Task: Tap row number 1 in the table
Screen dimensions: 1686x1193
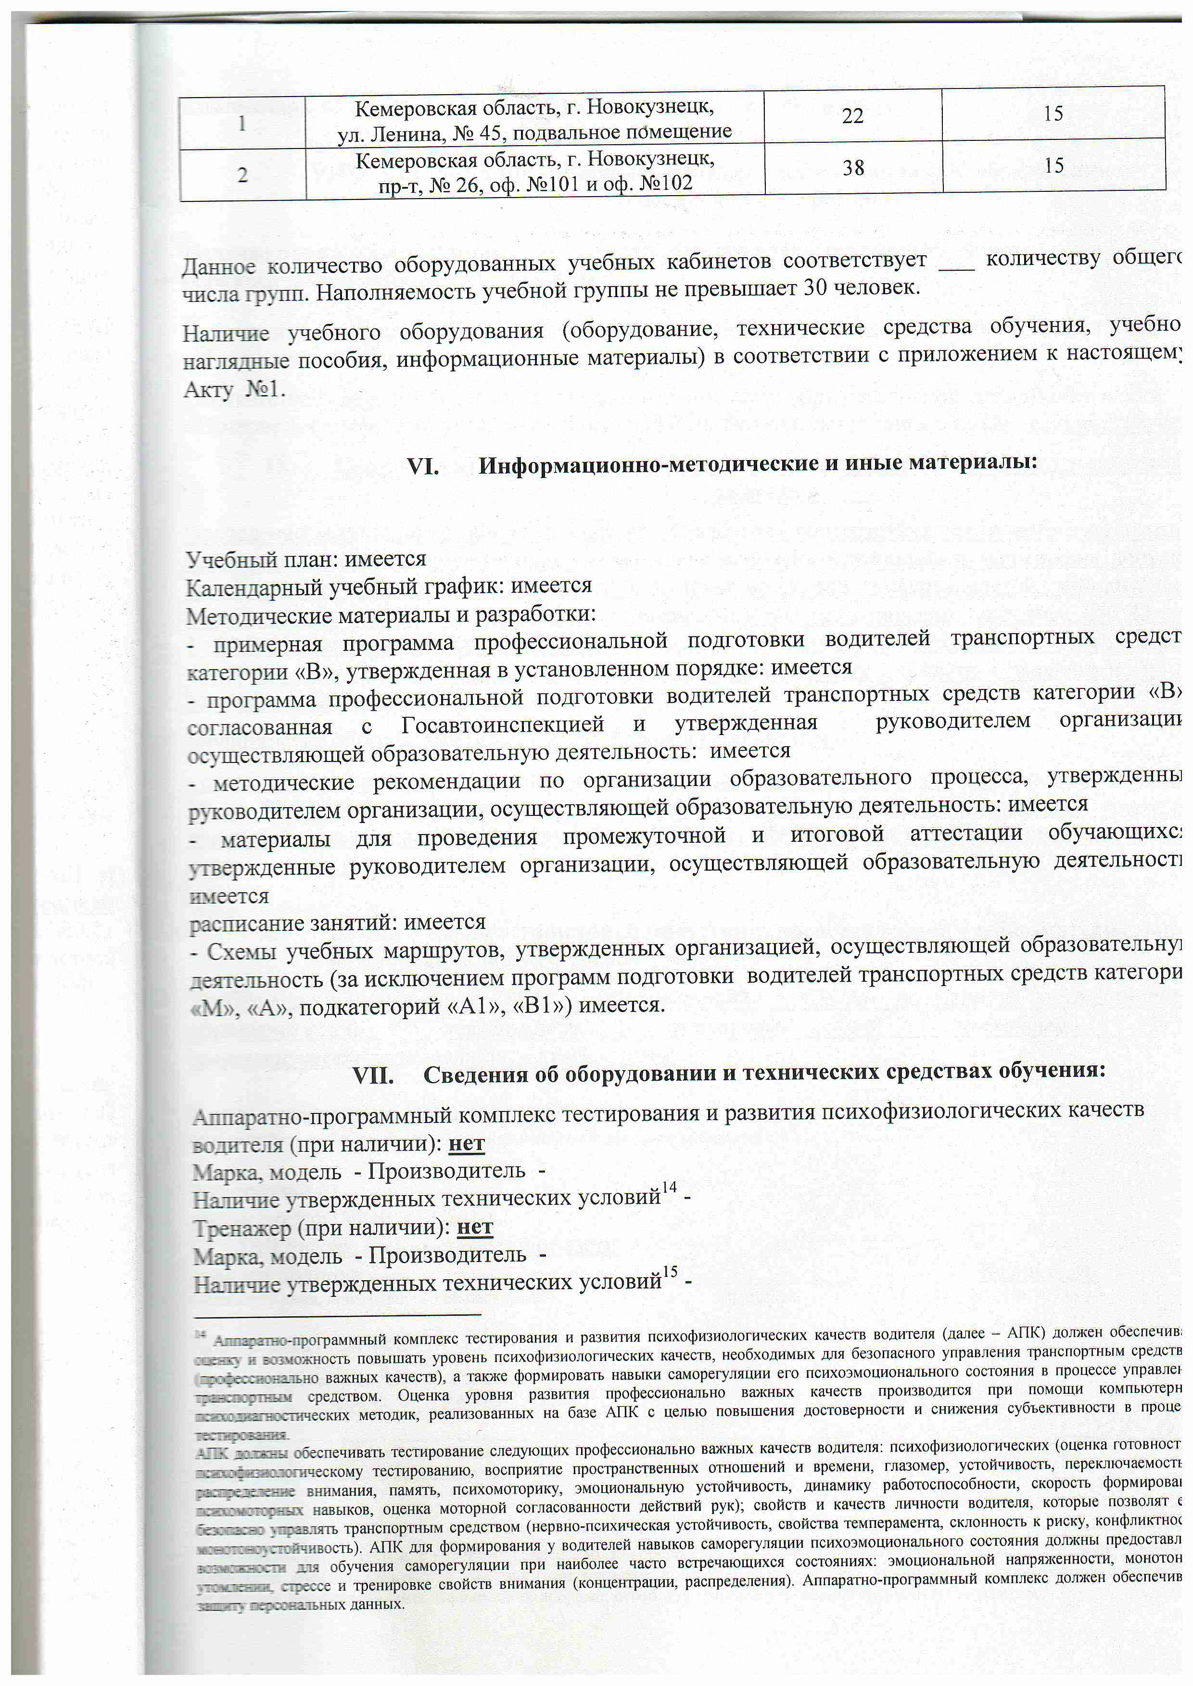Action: pos(241,123)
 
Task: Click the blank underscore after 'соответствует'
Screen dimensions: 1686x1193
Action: pos(956,262)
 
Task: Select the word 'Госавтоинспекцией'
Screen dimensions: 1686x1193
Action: pos(503,724)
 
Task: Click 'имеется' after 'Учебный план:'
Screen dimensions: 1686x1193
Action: pos(385,560)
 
